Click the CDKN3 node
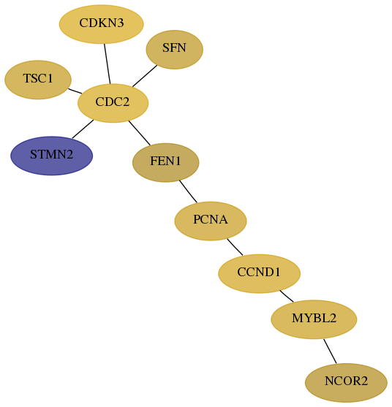(x=102, y=24)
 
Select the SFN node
(x=174, y=49)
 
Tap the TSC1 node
(x=38, y=80)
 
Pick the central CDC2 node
(x=113, y=103)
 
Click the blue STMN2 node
(x=51, y=156)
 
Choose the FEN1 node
(x=166, y=162)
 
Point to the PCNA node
(x=211, y=221)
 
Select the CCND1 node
(x=259, y=273)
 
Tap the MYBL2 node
(x=314, y=319)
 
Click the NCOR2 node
(x=346, y=383)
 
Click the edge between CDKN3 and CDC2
(x=108, y=64)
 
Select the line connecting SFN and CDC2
(x=145, y=76)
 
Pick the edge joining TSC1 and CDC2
(x=75, y=91)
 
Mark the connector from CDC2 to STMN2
(x=83, y=129)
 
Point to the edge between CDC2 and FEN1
(x=139, y=133)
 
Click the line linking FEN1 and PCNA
(x=188, y=191)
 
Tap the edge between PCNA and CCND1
(x=235, y=247)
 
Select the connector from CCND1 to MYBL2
(x=287, y=296)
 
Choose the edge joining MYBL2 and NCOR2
(x=330, y=351)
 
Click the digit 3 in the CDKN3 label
(x=120, y=23)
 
